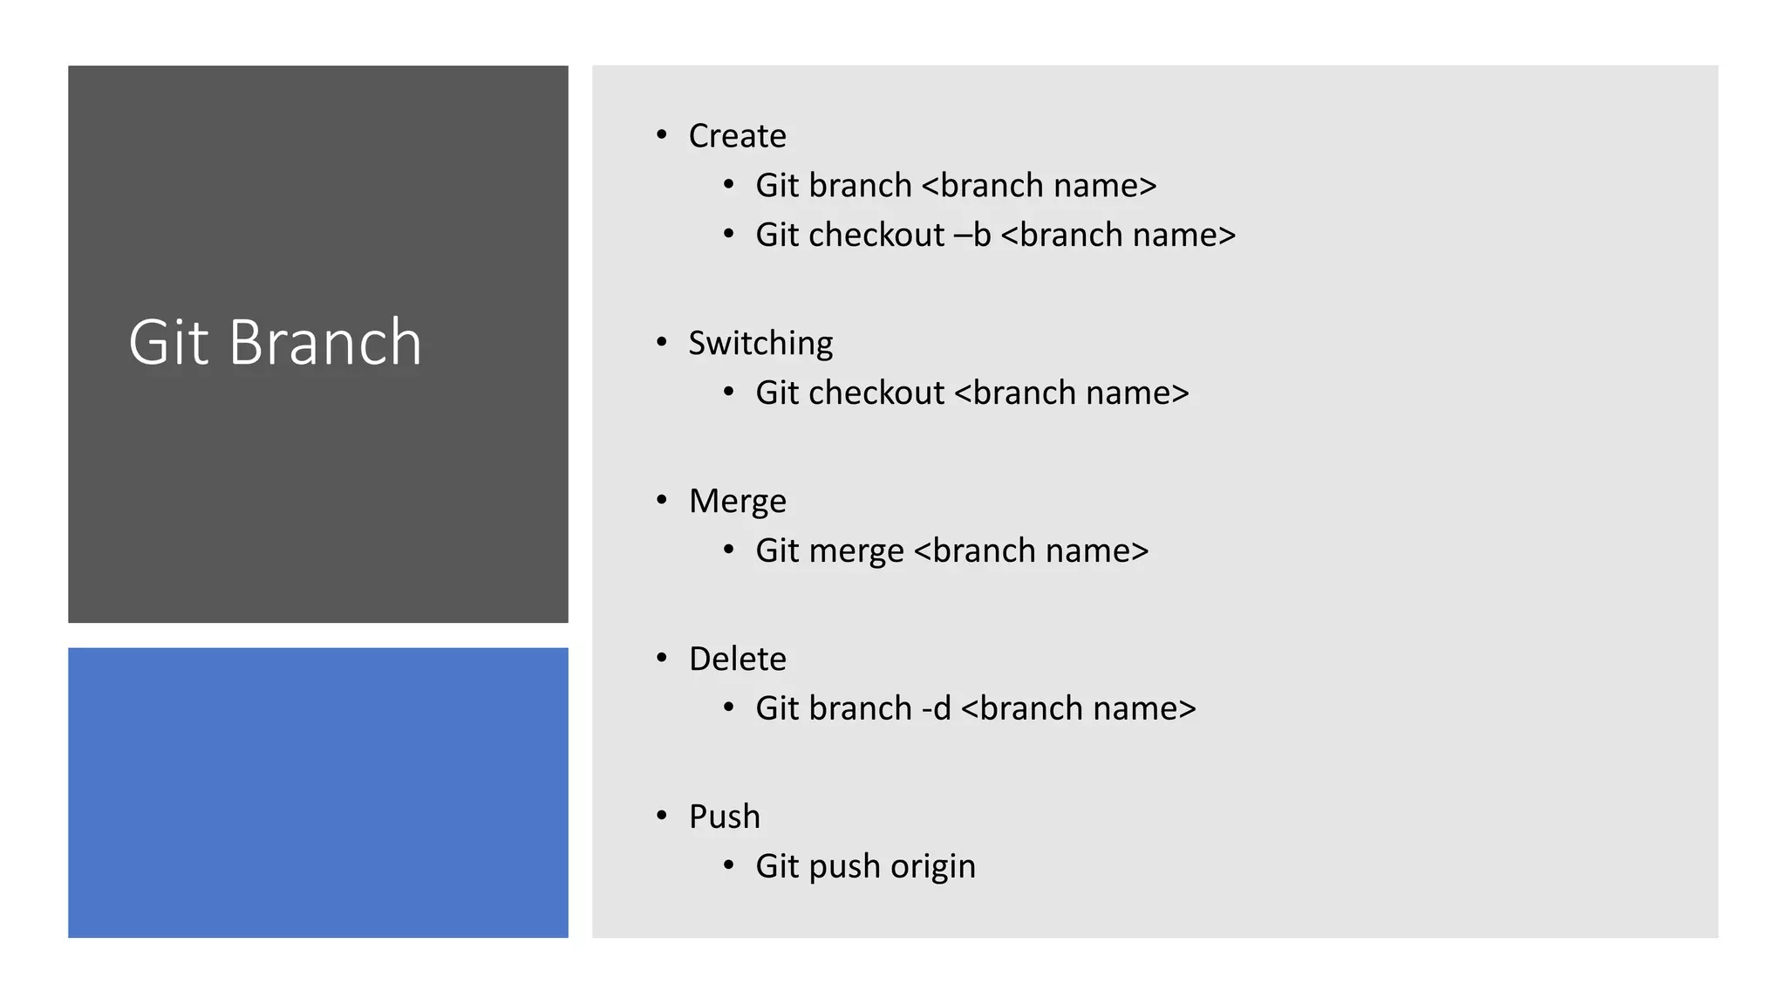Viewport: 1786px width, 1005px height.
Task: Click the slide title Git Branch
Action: pos(275,342)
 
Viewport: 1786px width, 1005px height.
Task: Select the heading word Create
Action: pos(737,136)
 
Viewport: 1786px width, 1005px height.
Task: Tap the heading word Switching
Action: pos(760,343)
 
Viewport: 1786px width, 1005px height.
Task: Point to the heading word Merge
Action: pos(737,502)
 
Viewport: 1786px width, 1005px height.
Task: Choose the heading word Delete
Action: pos(737,660)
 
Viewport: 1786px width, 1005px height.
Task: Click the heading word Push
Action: pos(724,817)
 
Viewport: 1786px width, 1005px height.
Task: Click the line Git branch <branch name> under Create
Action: pos(956,186)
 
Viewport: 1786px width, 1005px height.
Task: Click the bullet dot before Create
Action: pos(662,135)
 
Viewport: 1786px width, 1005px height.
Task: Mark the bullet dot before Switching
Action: pos(662,342)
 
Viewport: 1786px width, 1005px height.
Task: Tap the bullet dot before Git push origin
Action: pos(729,865)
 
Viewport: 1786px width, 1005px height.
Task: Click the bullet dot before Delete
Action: pos(662,658)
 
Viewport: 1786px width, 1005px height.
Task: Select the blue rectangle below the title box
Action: pos(318,792)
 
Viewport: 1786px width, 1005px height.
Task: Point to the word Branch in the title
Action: pos(325,342)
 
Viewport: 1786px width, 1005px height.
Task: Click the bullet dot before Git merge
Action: pos(729,550)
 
